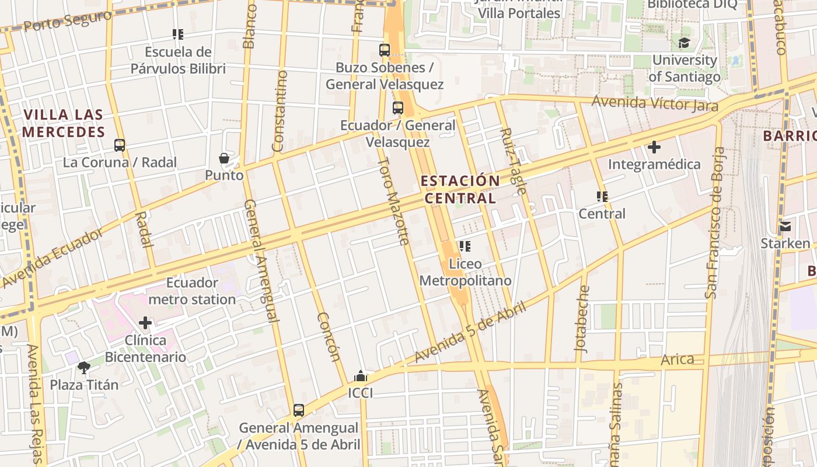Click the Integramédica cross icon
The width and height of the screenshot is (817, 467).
pyautogui.click(x=654, y=147)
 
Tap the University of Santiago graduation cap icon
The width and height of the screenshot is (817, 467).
pyautogui.click(x=683, y=43)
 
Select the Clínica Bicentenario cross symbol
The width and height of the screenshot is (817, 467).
pyautogui.click(x=145, y=323)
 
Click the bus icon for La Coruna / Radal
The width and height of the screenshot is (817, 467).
pyautogui.click(x=120, y=145)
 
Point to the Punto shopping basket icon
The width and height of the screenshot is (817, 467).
pyautogui.click(x=224, y=158)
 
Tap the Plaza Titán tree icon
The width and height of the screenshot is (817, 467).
pyautogui.click(x=84, y=368)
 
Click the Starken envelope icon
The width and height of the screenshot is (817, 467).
pyautogui.click(x=785, y=226)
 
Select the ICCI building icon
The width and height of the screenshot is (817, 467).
pyautogui.click(x=361, y=376)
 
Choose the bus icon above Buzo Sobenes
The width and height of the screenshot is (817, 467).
pyautogui.click(x=385, y=50)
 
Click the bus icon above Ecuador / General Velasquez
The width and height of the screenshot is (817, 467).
pyautogui.click(x=398, y=108)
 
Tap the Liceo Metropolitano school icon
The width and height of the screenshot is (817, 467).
pyautogui.click(x=465, y=246)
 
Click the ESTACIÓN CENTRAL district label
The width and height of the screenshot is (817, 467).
pyautogui.click(x=460, y=189)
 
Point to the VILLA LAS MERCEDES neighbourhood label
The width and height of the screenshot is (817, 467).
pyautogui.click(x=64, y=123)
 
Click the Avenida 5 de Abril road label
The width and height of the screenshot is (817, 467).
pyautogui.click(x=470, y=332)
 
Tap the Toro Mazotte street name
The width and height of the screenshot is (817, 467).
pyautogui.click(x=393, y=201)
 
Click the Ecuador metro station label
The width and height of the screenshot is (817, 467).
pyautogui.click(x=192, y=291)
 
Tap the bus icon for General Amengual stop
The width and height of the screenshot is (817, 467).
pyautogui.click(x=299, y=410)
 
